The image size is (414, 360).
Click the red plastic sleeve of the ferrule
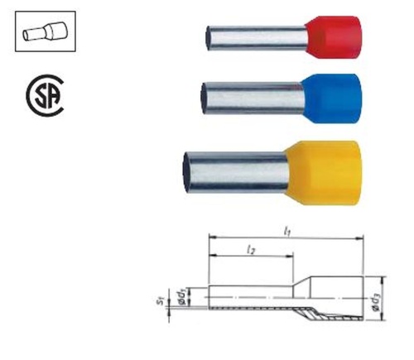tap(334, 37)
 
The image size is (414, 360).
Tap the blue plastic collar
tap(331, 98)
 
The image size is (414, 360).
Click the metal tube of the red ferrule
tap(258, 38)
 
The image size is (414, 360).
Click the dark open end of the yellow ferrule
tap(187, 172)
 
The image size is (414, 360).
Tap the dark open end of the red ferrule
tap(209, 38)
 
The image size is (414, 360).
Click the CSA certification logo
tap(45, 95)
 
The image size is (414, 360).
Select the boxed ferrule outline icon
tap(46, 31)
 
